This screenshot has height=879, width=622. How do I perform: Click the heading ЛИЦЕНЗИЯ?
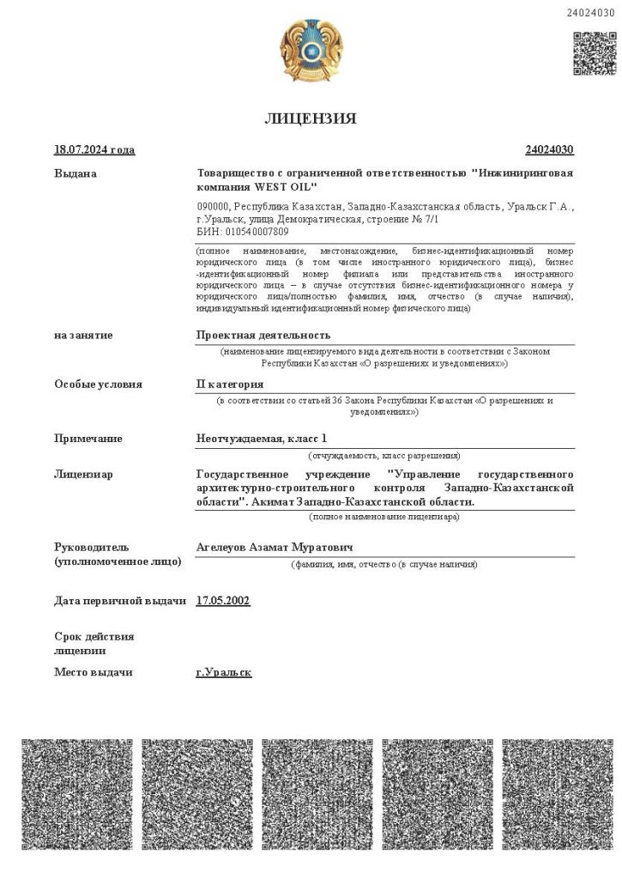pos(311,118)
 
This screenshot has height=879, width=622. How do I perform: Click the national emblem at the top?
pos(311,51)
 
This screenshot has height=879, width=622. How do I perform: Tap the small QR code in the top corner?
pos(594,53)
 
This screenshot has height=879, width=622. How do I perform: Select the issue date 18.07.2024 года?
pos(94,150)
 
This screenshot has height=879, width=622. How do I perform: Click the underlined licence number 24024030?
pos(549,150)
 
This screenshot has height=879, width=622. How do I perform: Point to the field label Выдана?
pos(75,173)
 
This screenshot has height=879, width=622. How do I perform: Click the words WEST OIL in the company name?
pos(287,186)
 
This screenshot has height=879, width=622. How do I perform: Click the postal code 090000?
pos(212,207)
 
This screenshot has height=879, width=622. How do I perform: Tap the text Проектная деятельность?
pos(263,335)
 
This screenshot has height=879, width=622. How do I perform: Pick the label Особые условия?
pos(98,385)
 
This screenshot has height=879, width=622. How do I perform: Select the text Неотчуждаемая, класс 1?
pos(262,439)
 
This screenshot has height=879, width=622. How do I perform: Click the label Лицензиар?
pos(83,474)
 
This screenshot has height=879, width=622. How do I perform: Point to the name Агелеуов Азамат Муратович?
pos(275,547)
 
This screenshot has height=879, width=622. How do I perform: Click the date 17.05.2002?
pos(223,601)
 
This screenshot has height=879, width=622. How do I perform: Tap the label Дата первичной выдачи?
pos(120,601)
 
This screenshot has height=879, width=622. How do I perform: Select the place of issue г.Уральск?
pos(224,672)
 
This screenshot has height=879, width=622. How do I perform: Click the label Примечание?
pos(88,439)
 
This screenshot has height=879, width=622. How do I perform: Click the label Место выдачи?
pos(94,672)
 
